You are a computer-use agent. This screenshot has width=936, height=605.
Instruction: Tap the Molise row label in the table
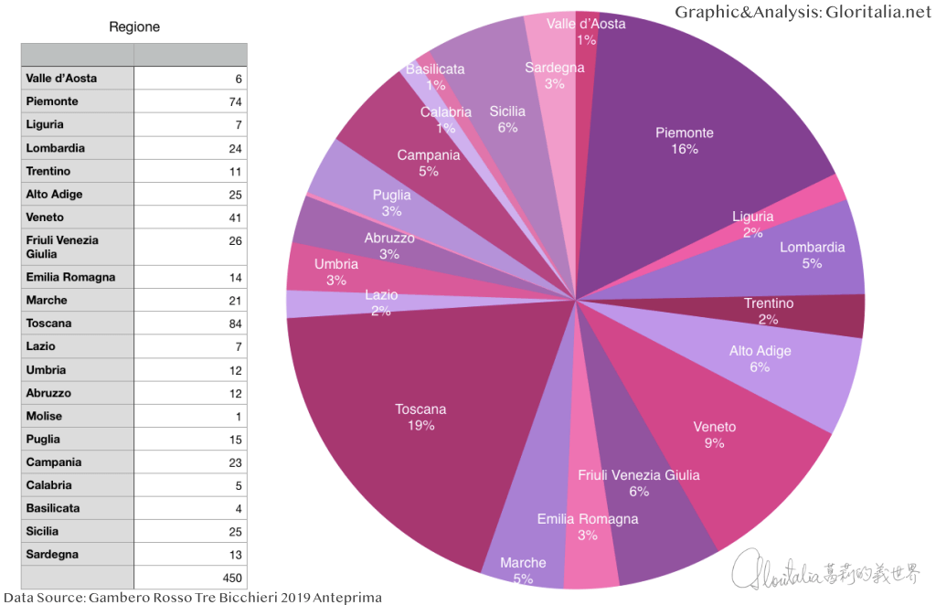pyautogui.click(x=45, y=416)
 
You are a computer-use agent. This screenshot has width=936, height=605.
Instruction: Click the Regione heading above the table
pyautogui.click(x=134, y=27)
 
